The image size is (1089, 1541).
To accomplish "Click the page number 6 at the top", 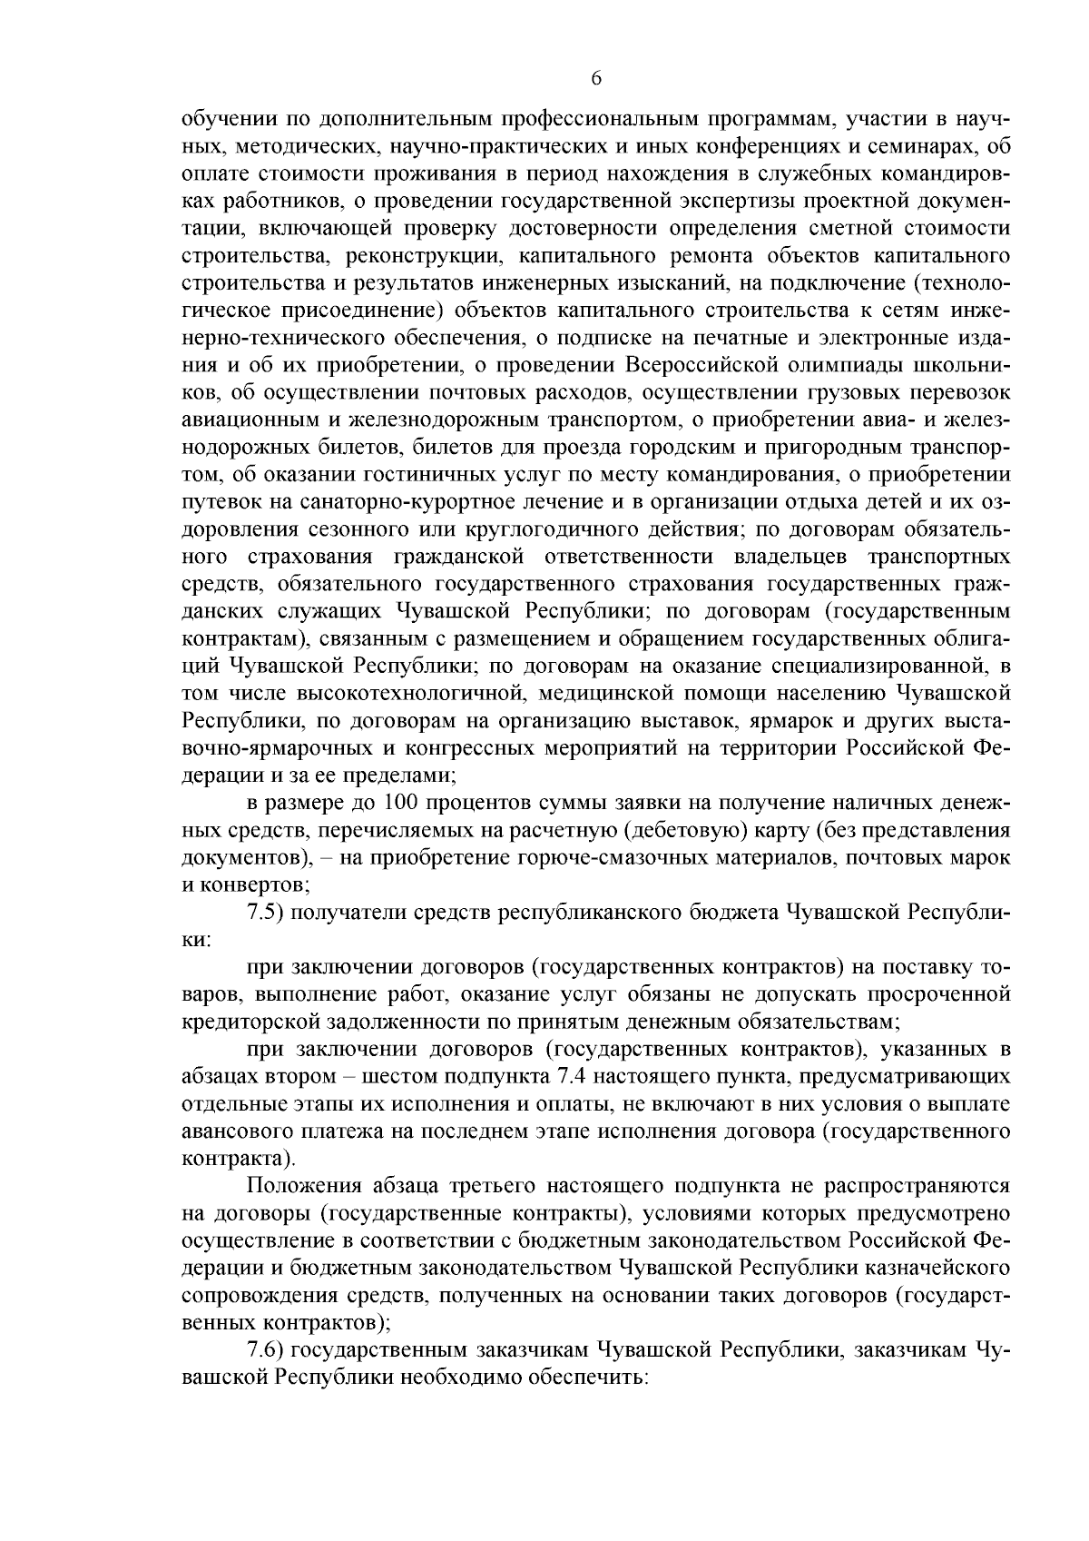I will coord(596,79).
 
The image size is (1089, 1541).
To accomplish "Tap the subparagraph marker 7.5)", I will coord(268,911).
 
